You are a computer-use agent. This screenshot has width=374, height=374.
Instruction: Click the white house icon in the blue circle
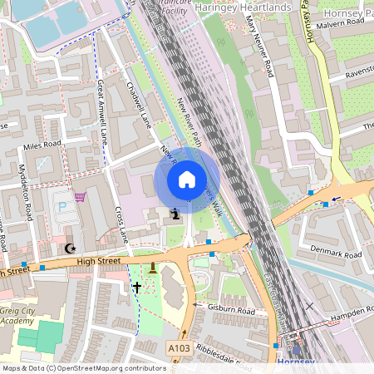(187, 180)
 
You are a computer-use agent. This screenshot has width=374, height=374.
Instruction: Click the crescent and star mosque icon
(70, 249)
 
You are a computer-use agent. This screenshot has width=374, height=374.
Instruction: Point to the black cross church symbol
(136, 287)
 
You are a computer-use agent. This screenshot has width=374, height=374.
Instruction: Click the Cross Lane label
(121, 224)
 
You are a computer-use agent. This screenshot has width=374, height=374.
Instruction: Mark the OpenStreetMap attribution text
(84, 367)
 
